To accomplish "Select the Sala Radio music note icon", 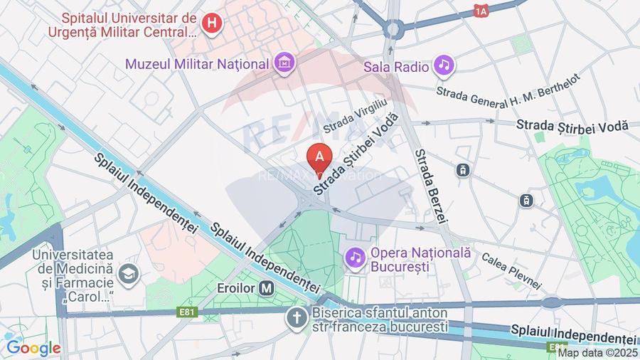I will coord(445,66).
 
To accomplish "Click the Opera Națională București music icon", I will coord(354,257).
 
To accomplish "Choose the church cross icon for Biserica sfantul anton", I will coord(296,318).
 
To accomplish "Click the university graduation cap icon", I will coord(129,273).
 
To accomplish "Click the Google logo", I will coord(33,348).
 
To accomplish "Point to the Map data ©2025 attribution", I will coord(597,352).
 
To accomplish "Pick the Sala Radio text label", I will coord(396,68).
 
